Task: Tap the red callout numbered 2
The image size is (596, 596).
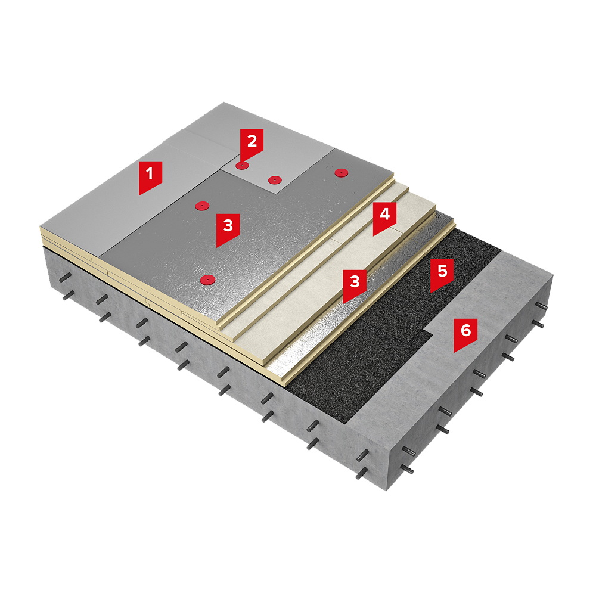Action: tap(252, 145)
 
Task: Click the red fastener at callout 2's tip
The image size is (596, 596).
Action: tap(242, 166)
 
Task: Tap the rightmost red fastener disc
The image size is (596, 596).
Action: tap(342, 173)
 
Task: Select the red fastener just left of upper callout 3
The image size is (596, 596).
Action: tap(202, 206)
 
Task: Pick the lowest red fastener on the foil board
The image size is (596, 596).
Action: tap(207, 280)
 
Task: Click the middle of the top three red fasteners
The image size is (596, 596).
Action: tap(274, 180)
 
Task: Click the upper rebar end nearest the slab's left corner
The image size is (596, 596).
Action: tap(66, 278)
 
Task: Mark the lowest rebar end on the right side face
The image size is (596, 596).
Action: tap(407, 470)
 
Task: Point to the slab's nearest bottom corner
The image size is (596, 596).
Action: tap(387, 491)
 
